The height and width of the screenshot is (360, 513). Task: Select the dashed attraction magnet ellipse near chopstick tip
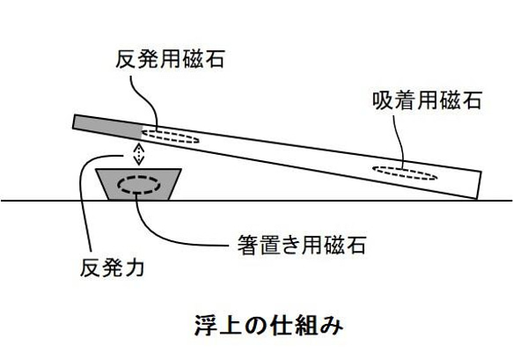[x=405, y=172]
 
